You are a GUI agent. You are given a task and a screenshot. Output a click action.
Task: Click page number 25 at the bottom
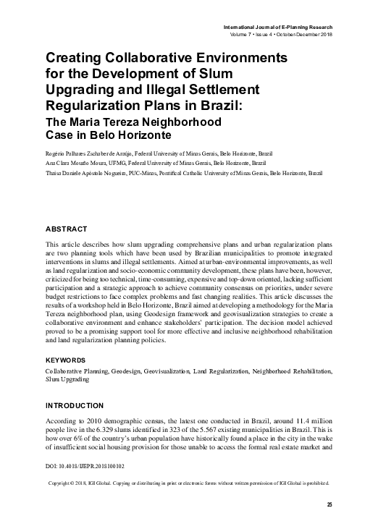pos(329,504)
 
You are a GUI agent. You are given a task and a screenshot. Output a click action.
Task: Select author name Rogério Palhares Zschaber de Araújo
pos(93,154)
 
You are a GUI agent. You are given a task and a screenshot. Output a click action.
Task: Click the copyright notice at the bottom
pos(188,482)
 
